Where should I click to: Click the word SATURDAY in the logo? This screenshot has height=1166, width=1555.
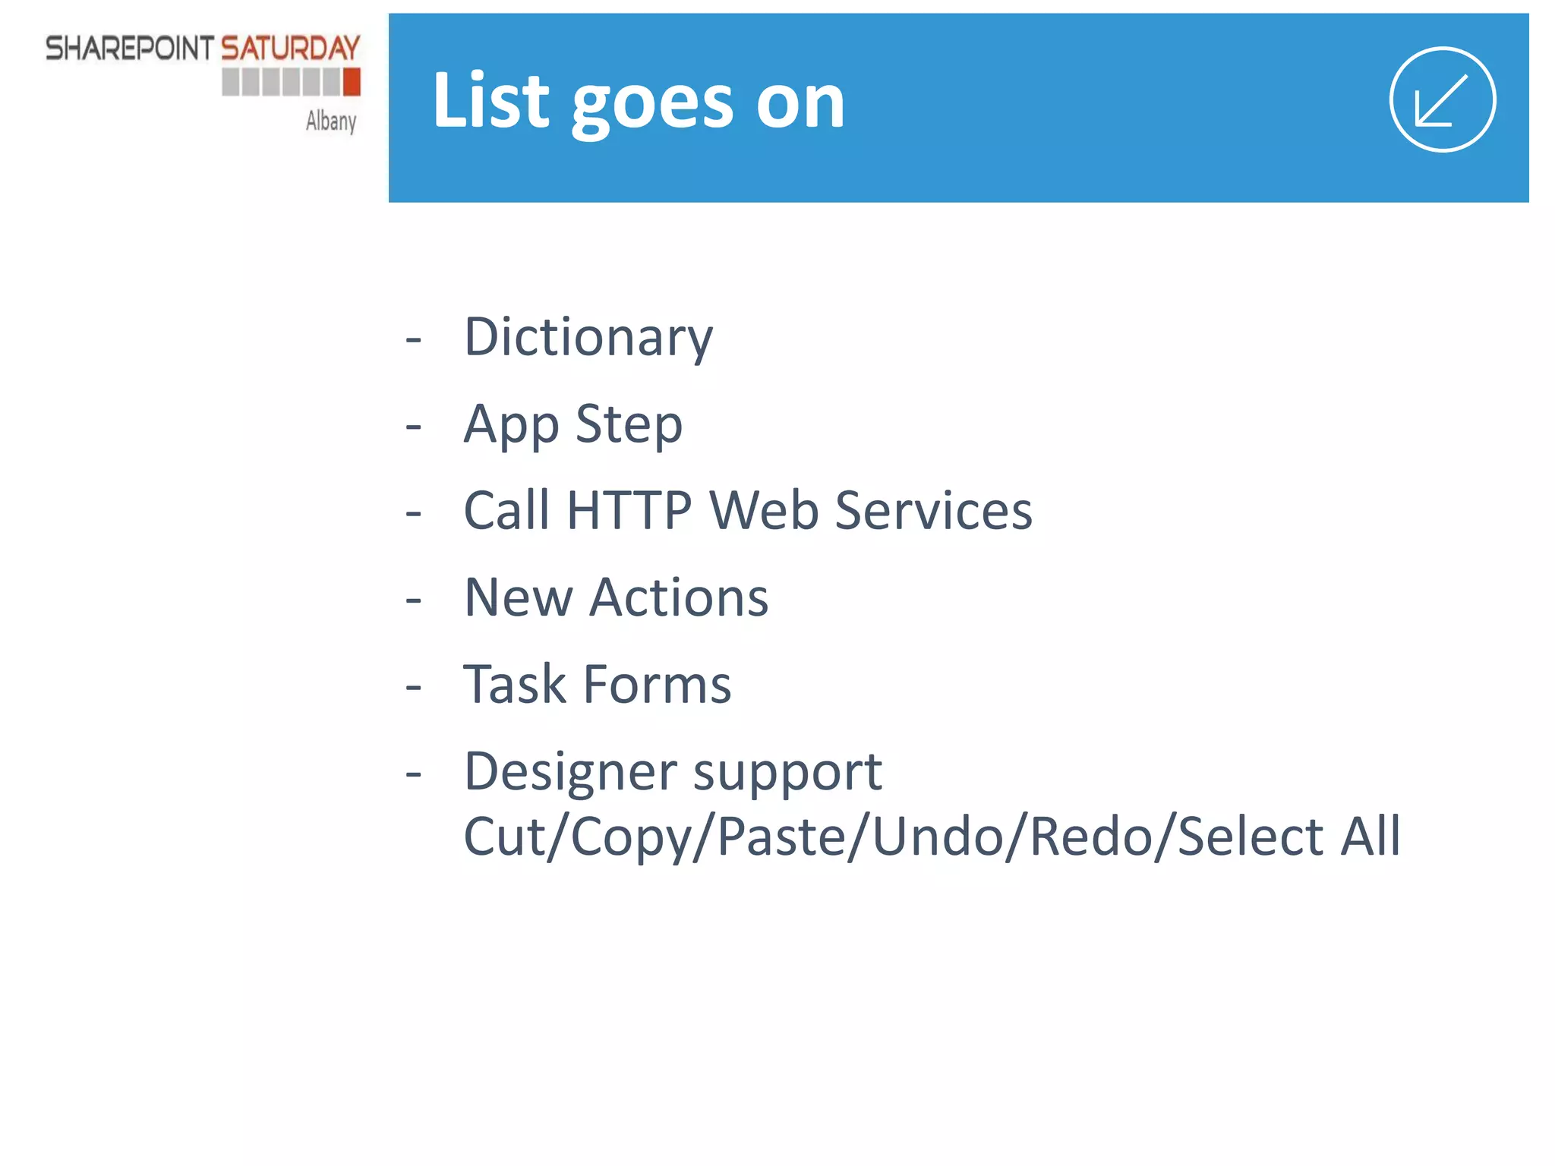click(x=290, y=49)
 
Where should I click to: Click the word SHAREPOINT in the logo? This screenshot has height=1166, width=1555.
click(x=130, y=49)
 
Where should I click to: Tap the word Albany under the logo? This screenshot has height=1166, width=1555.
click(x=331, y=121)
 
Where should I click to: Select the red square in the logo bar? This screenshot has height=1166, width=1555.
click(x=352, y=81)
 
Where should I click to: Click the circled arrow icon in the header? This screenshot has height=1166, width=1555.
click(x=1442, y=99)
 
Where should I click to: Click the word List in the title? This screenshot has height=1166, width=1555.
click(x=490, y=100)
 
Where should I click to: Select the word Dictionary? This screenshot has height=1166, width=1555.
click(x=588, y=336)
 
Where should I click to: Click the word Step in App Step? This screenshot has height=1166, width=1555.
click(x=629, y=424)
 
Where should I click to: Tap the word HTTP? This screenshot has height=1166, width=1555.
click(x=629, y=510)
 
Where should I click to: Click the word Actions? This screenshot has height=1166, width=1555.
click(x=679, y=597)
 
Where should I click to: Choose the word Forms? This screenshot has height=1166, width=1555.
click(x=657, y=684)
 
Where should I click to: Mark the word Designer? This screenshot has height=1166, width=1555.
click(x=570, y=771)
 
